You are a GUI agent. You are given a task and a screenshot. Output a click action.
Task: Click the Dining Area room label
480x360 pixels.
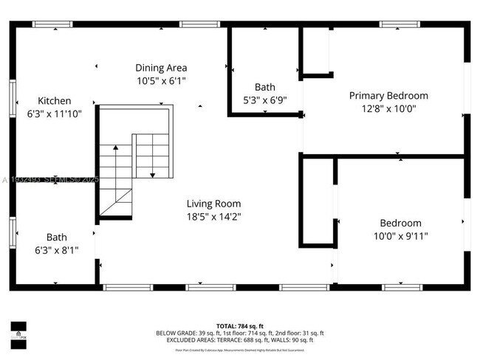coord(161,68)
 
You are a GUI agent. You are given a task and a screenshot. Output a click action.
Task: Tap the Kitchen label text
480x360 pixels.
coord(55,101)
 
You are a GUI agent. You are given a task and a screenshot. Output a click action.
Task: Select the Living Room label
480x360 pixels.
coord(213,204)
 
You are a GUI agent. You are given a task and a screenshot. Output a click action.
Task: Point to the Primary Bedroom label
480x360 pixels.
coord(388,96)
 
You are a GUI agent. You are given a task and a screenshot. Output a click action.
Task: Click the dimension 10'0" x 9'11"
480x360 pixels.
coord(400,236)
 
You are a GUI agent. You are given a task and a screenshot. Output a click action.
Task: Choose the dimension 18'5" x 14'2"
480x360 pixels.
coord(213,217)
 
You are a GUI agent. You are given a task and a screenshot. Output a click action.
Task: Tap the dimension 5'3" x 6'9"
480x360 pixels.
coord(265,100)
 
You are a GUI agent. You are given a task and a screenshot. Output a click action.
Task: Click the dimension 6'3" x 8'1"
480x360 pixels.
coord(57,250)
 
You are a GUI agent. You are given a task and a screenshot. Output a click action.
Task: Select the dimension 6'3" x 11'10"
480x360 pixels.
coord(55,114)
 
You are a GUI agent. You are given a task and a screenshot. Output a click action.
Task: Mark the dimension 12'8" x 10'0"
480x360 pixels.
coord(388,108)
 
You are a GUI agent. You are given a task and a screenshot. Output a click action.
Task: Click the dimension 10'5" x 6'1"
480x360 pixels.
coord(161,80)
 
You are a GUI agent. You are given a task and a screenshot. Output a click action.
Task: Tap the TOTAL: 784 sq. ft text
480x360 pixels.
coord(239,325)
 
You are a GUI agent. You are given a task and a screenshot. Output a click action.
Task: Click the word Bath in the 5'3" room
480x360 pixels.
coord(265,87)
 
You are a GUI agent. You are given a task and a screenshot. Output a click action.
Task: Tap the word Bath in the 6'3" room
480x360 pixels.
coord(57,238)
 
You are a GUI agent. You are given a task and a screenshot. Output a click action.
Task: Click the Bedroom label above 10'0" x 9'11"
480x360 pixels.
coord(400,224)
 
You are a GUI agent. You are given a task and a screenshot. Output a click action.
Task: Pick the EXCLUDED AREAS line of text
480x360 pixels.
coord(239,340)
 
